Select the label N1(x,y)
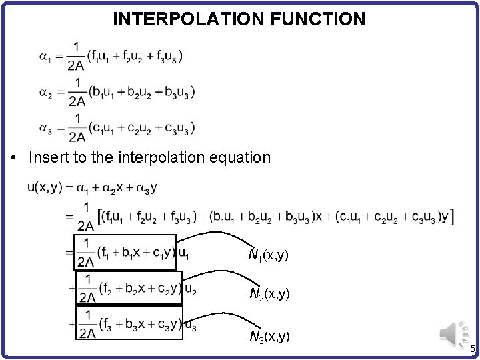269,255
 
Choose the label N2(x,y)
269,293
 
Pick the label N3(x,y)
269,337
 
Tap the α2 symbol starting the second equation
45,92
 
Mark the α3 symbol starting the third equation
45,129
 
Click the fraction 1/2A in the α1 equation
77,56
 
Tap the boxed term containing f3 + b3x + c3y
129,324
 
